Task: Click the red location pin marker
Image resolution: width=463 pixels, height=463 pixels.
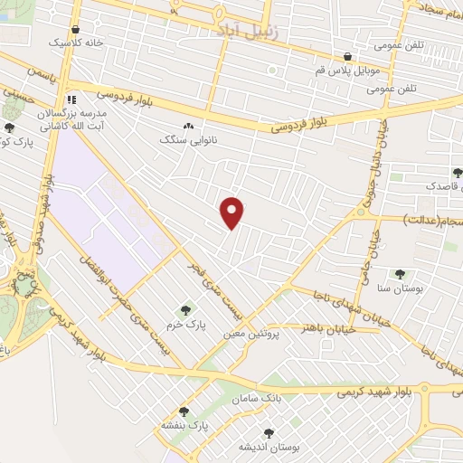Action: click(x=233, y=213)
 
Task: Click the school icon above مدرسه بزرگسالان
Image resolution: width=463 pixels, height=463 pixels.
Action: click(x=71, y=99)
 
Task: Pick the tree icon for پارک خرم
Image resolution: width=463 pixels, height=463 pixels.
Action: click(x=187, y=310)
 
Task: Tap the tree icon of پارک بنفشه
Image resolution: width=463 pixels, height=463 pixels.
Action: click(x=184, y=411)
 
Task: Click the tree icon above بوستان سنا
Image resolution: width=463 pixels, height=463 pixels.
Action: click(x=399, y=274)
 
